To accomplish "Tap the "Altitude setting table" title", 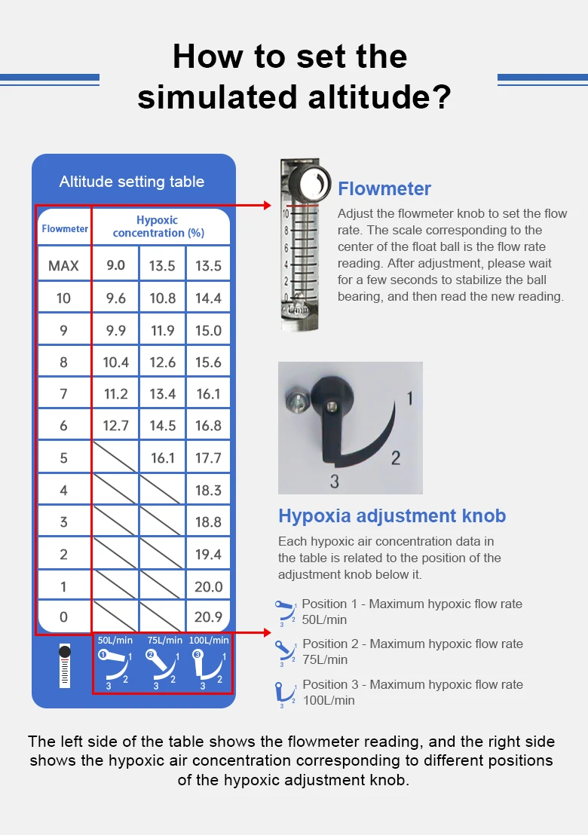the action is (132, 182).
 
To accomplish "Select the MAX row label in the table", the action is (63, 266).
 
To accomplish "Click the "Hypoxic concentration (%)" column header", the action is (158, 226).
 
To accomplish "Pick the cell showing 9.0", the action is (115, 265).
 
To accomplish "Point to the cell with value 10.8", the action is (162, 298).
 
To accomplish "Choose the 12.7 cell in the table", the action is (115, 426).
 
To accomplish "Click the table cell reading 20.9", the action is (208, 616).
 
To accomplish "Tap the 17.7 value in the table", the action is (208, 458).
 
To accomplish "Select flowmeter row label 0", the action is (63, 616).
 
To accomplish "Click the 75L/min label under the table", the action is (164, 640).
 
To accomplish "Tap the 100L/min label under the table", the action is (209, 640).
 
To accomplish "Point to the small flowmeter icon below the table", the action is (64, 665).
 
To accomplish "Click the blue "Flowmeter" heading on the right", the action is (384, 188).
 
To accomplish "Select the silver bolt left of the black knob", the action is (297, 399).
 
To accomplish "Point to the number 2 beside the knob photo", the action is (396, 458).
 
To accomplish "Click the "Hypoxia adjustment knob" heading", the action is (392, 515).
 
